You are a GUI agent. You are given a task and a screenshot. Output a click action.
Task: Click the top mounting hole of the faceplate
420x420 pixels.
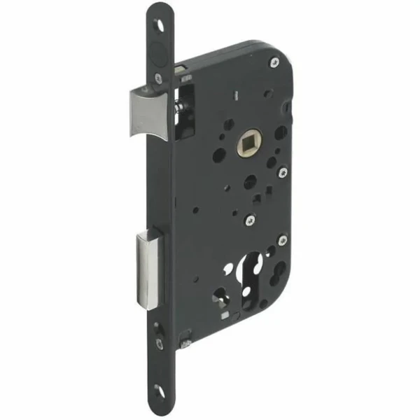point(163,22)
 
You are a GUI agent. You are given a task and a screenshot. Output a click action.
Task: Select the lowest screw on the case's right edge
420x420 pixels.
point(281,240)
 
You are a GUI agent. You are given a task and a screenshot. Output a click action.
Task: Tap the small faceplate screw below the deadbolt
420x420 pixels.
point(160,343)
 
